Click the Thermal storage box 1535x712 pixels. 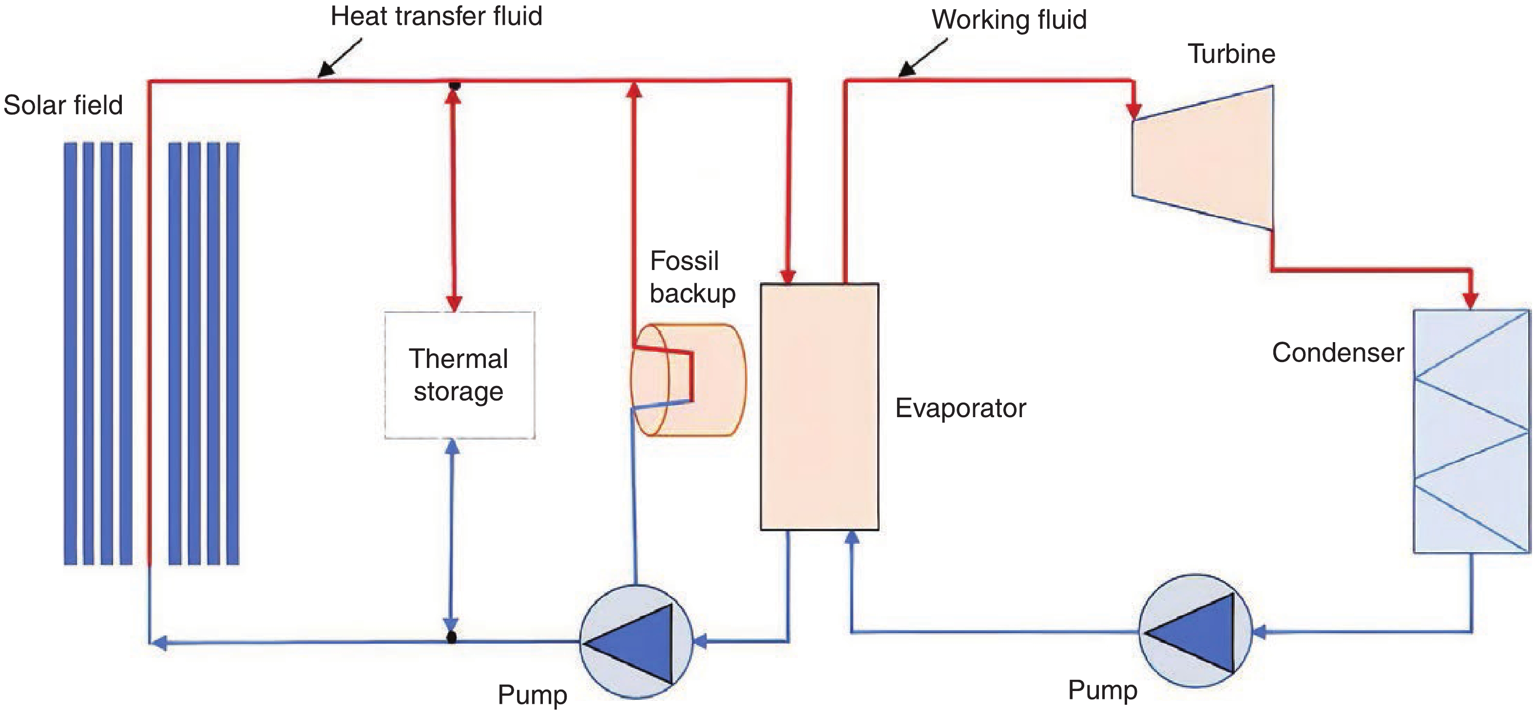[460, 375]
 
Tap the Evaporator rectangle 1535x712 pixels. [819, 406]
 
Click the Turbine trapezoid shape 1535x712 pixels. [1203, 158]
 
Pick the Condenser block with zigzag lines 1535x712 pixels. [1471, 431]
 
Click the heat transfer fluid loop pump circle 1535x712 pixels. [636, 641]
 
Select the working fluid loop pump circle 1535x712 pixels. [1195, 631]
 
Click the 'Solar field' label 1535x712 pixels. [63, 105]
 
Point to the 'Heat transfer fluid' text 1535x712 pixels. [436, 16]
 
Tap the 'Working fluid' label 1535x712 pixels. [1009, 19]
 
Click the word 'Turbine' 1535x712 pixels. [1231, 54]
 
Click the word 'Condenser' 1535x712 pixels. [1338, 353]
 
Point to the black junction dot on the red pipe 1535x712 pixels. [455, 85]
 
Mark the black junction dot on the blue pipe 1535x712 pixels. [452, 637]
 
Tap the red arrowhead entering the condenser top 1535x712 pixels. [1471, 300]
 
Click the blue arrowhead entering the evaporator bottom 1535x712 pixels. [852, 538]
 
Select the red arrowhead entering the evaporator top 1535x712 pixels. [788, 276]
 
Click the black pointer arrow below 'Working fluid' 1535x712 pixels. [921, 59]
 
